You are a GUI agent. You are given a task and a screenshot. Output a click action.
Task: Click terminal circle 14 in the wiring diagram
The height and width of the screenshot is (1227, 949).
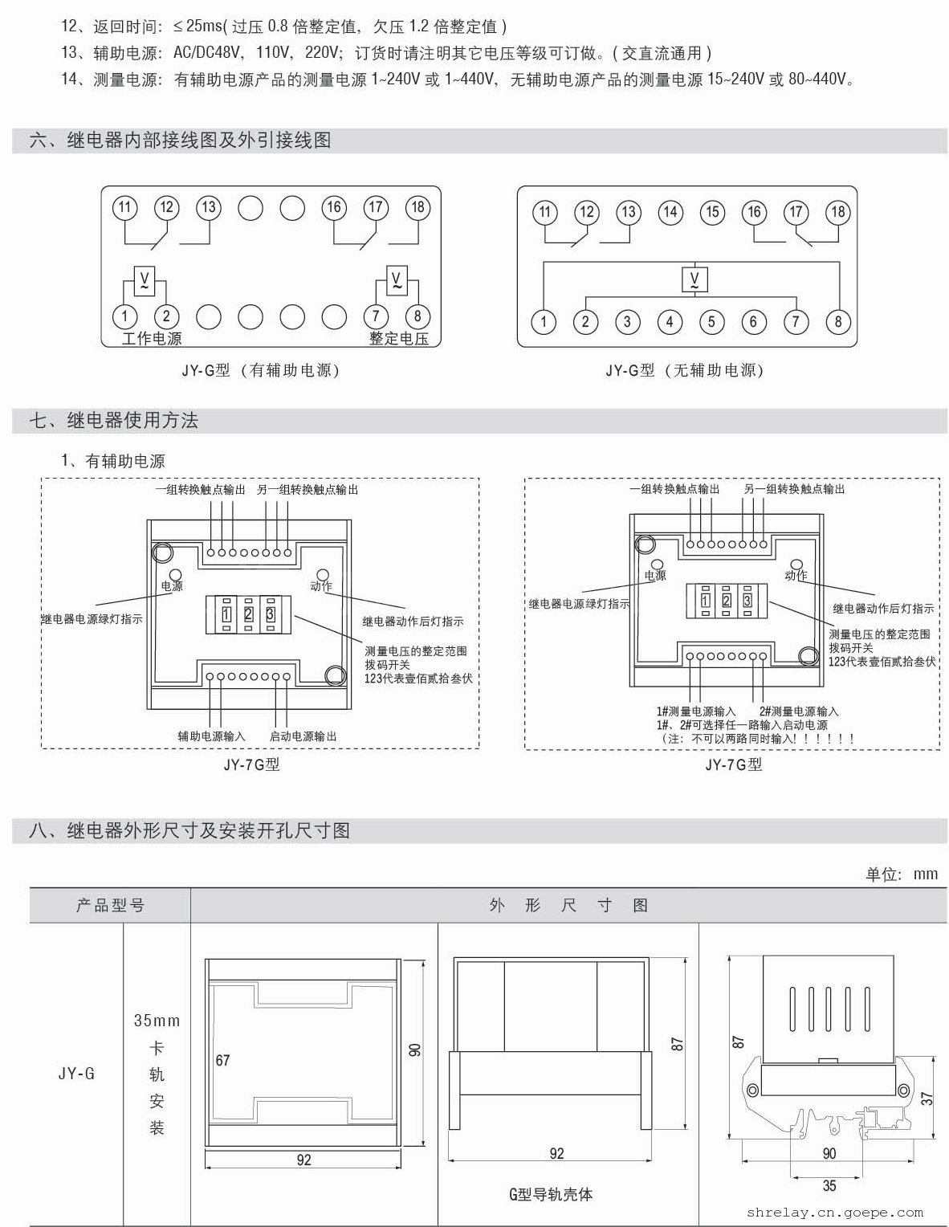(670, 212)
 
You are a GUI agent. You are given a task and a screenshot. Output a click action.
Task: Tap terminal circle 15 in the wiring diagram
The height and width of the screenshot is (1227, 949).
(711, 212)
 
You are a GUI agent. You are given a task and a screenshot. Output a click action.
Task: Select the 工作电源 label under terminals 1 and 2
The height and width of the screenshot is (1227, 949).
(151, 338)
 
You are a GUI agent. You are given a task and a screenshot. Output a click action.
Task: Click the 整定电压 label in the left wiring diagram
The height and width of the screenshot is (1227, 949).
(398, 338)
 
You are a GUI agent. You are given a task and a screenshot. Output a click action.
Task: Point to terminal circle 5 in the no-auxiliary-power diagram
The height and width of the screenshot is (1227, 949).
(711, 322)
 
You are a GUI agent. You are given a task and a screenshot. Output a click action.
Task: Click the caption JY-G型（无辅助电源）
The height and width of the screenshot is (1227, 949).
(685, 370)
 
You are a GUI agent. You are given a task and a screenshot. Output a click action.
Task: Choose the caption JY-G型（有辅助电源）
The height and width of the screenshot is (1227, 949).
(261, 370)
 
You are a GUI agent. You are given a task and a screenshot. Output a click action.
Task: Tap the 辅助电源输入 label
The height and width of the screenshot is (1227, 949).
(212, 736)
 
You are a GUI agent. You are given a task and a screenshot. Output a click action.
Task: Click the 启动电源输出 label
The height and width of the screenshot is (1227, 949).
(303, 736)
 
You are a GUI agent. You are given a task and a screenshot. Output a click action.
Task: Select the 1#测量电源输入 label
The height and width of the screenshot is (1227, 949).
(695, 711)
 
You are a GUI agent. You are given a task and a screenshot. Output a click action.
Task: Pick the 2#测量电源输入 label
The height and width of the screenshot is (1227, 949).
(798, 711)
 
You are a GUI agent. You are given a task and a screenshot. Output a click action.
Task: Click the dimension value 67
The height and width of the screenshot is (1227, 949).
(223, 1060)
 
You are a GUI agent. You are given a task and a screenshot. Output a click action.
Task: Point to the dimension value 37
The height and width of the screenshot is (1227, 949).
(927, 1098)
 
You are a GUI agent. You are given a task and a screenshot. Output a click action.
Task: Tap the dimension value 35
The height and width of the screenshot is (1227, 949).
(829, 1185)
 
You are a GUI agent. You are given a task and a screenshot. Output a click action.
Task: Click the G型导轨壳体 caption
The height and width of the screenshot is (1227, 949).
(551, 1194)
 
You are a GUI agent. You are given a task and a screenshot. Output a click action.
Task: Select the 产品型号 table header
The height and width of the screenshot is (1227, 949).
(110, 905)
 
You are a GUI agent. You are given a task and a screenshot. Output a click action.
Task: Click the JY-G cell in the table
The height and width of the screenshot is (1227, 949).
(76, 1074)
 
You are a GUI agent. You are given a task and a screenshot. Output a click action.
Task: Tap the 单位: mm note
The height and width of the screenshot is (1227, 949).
(901, 874)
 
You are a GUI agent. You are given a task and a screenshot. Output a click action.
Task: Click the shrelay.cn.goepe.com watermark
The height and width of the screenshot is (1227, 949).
(834, 1213)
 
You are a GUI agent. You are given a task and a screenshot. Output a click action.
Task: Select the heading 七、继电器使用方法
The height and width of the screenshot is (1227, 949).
(114, 420)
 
